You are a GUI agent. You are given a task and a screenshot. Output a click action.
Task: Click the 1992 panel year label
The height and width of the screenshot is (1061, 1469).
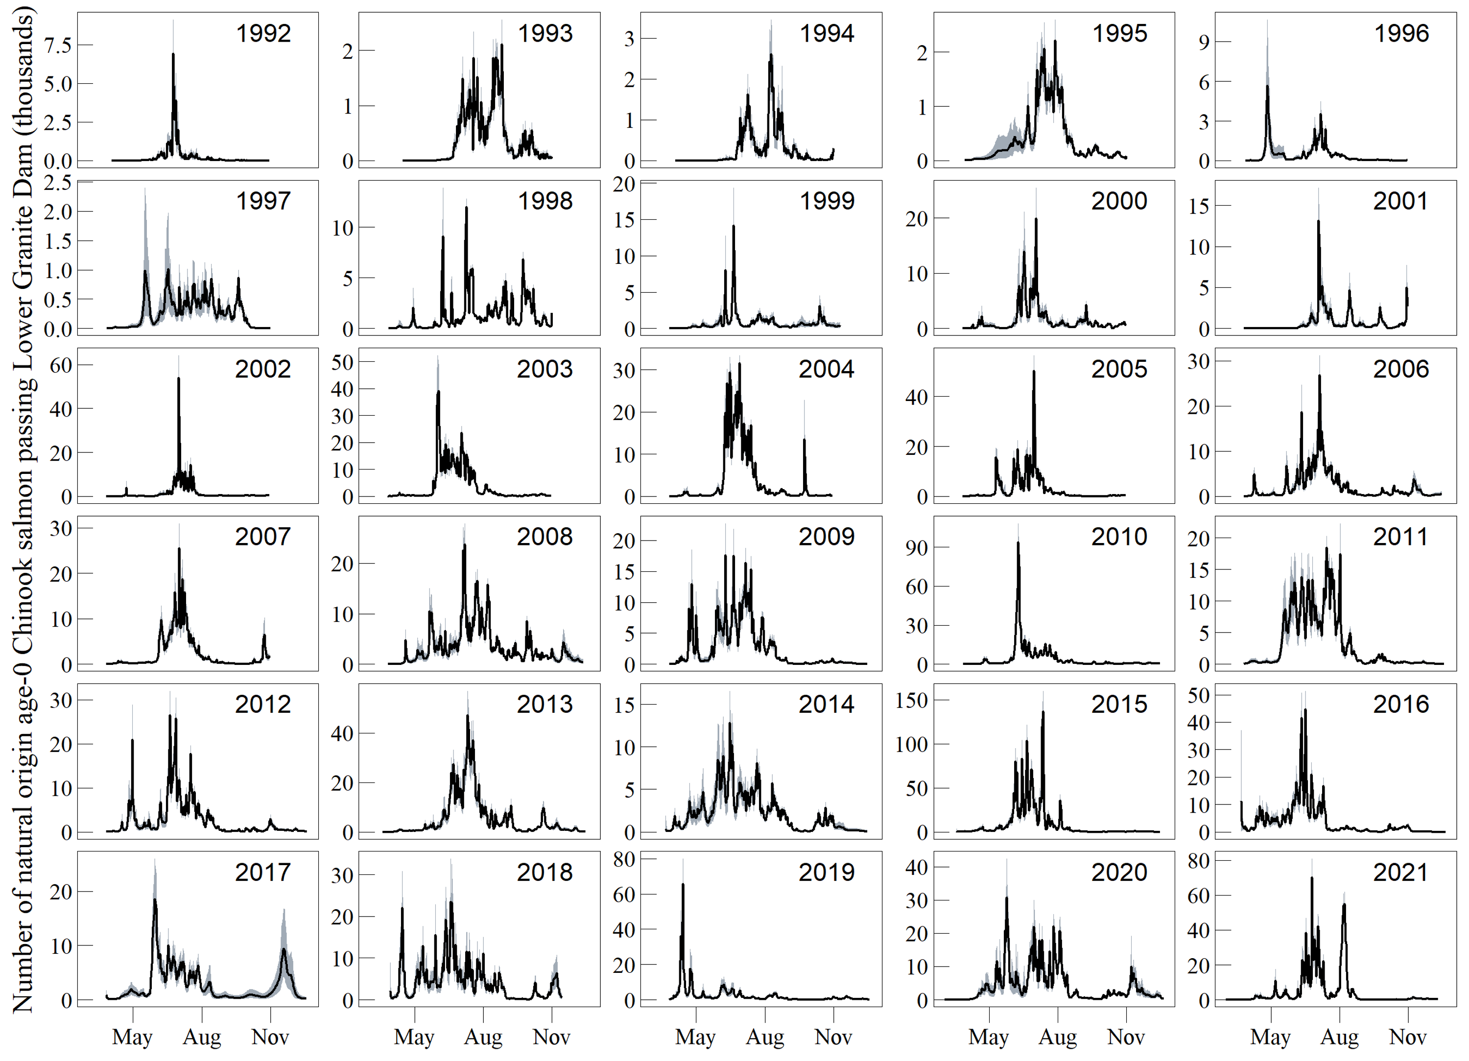(x=263, y=34)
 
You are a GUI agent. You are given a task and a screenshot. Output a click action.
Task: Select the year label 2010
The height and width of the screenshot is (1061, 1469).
(x=1118, y=537)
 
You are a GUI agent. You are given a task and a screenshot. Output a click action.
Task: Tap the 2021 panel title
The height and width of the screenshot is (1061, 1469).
(x=1400, y=872)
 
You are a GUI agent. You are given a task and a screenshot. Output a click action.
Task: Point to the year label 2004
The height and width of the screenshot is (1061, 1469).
(x=826, y=369)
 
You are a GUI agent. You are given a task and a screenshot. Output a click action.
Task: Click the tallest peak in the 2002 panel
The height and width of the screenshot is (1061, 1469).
(x=179, y=379)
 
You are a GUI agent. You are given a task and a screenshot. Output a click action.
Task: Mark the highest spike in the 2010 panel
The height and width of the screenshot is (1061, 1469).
(x=1018, y=543)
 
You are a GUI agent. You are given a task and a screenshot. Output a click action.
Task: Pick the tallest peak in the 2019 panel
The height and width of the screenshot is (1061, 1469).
(x=683, y=885)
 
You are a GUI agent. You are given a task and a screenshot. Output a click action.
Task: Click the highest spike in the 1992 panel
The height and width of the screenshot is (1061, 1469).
(x=173, y=54)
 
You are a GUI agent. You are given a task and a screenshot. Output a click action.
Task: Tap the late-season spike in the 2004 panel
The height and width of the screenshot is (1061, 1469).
(x=805, y=441)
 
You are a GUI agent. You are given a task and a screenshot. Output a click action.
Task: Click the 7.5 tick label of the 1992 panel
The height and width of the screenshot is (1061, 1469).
(x=58, y=46)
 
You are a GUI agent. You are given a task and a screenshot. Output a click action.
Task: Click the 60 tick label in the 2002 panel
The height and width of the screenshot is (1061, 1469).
(x=61, y=365)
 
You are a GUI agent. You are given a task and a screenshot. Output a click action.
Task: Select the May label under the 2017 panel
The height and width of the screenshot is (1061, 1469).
(x=132, y=1037)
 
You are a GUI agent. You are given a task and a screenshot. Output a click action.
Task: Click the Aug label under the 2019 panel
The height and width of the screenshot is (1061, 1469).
(x=765, y=1037)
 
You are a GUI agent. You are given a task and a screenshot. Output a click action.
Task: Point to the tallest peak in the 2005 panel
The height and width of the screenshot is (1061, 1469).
(x=1034, y=372)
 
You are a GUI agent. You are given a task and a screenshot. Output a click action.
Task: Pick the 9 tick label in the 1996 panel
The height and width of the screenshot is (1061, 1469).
(x=1204, y=43)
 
